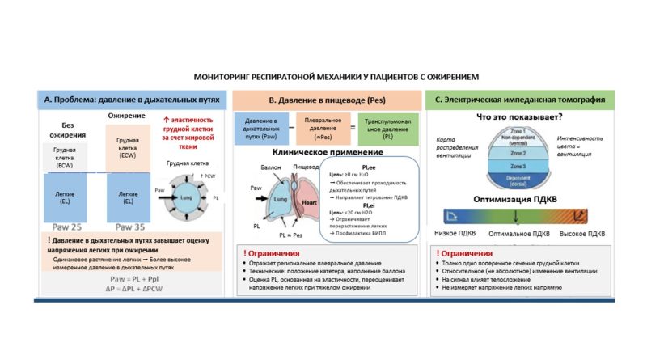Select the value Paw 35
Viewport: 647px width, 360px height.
coord(131,226)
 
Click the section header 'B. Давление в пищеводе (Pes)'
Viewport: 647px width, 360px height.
coord(326,100)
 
